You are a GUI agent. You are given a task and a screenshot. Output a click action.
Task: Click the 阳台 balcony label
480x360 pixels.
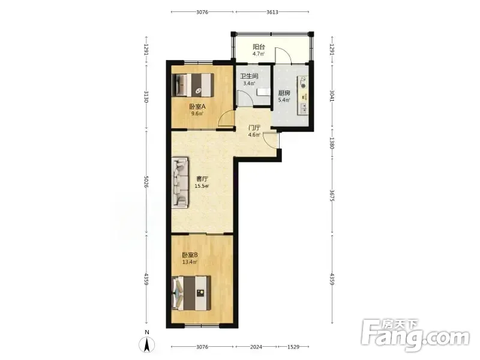(x=259, y=47)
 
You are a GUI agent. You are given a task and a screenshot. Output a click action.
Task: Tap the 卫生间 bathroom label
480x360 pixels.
(x=249, y=76)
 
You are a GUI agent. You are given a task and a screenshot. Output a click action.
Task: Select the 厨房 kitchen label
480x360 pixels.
(x=284, y=93)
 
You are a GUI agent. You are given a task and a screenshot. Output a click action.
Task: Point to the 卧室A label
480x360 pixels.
(x=197, y=107)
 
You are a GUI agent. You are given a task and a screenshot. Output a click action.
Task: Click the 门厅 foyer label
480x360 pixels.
(x=254, y=128)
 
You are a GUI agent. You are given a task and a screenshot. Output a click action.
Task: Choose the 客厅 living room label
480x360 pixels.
(x=202, y=178)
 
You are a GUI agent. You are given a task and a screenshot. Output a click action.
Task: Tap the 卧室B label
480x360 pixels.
(x=190, y=254)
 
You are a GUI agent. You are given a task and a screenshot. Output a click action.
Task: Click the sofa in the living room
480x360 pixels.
(x=179, y=183)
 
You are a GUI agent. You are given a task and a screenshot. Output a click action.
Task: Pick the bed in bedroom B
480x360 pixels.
(x=191, y=293)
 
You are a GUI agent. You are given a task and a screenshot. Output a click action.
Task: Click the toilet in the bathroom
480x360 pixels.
(x=263, y=92)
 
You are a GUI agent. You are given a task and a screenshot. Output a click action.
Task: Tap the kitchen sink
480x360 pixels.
(x=304, y=108)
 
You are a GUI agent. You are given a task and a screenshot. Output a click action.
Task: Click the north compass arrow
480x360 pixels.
(x=147, y=346)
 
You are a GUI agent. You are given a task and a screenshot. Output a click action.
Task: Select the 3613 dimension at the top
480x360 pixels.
(x=272, y=12)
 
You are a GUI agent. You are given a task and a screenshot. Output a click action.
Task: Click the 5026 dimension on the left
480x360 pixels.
(x=146, y=182)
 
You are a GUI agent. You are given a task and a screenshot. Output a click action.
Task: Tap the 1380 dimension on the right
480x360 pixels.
(x=332, y=143)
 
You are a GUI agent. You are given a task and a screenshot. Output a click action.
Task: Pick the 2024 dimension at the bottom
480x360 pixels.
(x=256, y=347)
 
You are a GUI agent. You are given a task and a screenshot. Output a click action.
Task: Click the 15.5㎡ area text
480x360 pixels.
(x=202, y=186)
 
